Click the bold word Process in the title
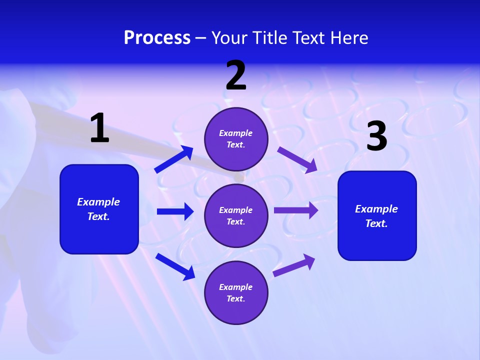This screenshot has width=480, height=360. tap(157, 37)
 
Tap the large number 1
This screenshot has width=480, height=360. tap(99, 128)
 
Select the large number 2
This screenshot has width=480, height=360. tap(236, 75)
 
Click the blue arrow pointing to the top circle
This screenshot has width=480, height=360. tap(174, 159)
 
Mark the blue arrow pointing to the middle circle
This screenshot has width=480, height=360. tap(175, 211)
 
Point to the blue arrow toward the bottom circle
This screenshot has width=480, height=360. tap(175, 266)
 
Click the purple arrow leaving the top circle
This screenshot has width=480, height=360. tap(297, 159)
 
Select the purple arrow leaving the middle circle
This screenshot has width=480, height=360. tap(296, 210)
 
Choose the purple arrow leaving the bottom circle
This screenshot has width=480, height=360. tap(294, 265)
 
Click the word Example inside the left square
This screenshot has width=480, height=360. tap(98, 202)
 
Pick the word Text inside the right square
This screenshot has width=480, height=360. tap(376, 223)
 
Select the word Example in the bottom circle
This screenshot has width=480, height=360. tap(236, 287)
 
